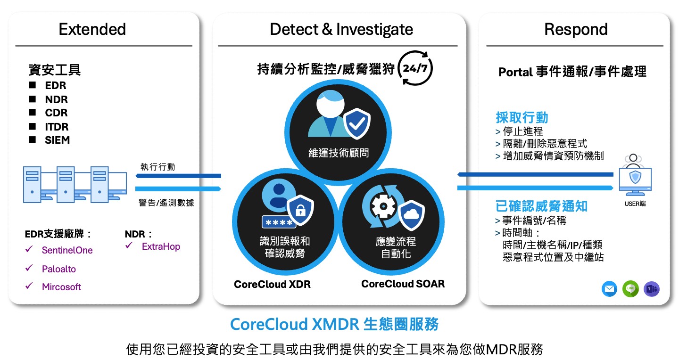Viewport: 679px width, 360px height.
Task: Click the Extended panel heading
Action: coord(92,29)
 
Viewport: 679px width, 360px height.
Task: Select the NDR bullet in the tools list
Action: coord(56,99)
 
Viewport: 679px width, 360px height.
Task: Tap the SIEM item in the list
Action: coord(57,140)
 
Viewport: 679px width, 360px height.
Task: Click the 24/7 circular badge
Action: coord(415,69)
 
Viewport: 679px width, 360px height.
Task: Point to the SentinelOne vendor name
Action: coord(67,250)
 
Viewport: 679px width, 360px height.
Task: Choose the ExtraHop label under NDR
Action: coord(161,246)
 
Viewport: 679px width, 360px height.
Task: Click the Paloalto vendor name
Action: coord(59,269)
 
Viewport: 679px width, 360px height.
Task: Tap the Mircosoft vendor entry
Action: coord(61,287)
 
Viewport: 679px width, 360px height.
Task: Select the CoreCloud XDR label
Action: coord(272,285)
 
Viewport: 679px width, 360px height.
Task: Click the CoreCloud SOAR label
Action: coord(403,284)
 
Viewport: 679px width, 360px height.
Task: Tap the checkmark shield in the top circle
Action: coord(357,123)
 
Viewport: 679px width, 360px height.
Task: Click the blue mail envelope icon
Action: coord(610,288)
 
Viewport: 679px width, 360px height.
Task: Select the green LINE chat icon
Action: coord(630,288)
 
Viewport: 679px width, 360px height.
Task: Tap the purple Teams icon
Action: coord(652,288)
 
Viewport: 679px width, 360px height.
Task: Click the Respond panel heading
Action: coord(576,29)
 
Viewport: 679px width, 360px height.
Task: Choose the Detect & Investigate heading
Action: coord(341,29)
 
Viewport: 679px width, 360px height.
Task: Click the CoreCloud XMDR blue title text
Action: coord(334,325)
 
